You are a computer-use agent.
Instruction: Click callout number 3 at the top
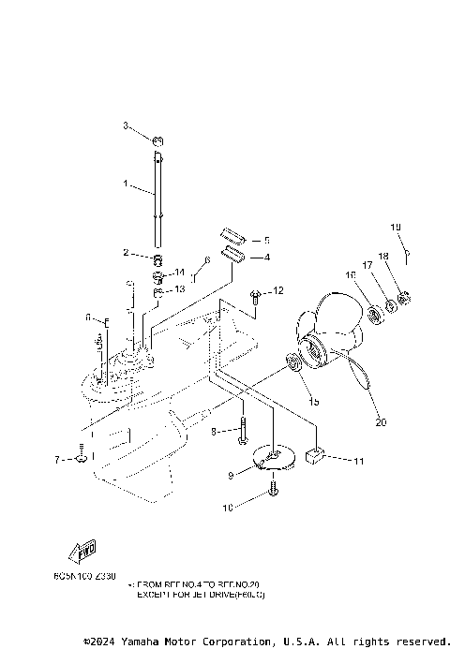click(x=125, y=125)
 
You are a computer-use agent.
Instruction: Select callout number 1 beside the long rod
click(x=126, y=184)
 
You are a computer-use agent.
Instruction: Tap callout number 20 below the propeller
click(x=381, y=421)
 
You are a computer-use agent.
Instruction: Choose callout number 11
click(x=359, y=461)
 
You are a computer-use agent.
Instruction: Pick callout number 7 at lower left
click(x=56, y=460)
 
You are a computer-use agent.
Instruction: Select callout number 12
click(x=278, y=292)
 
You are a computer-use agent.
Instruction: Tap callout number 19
click(x=396, y=227)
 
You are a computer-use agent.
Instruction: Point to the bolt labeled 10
click(x=273, y=487)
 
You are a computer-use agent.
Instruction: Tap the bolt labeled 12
click(x=254, y=298)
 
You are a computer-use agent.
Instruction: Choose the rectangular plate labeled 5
click(x=233, y=235)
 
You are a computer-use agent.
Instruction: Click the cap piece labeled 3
click(x=158, y=141)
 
